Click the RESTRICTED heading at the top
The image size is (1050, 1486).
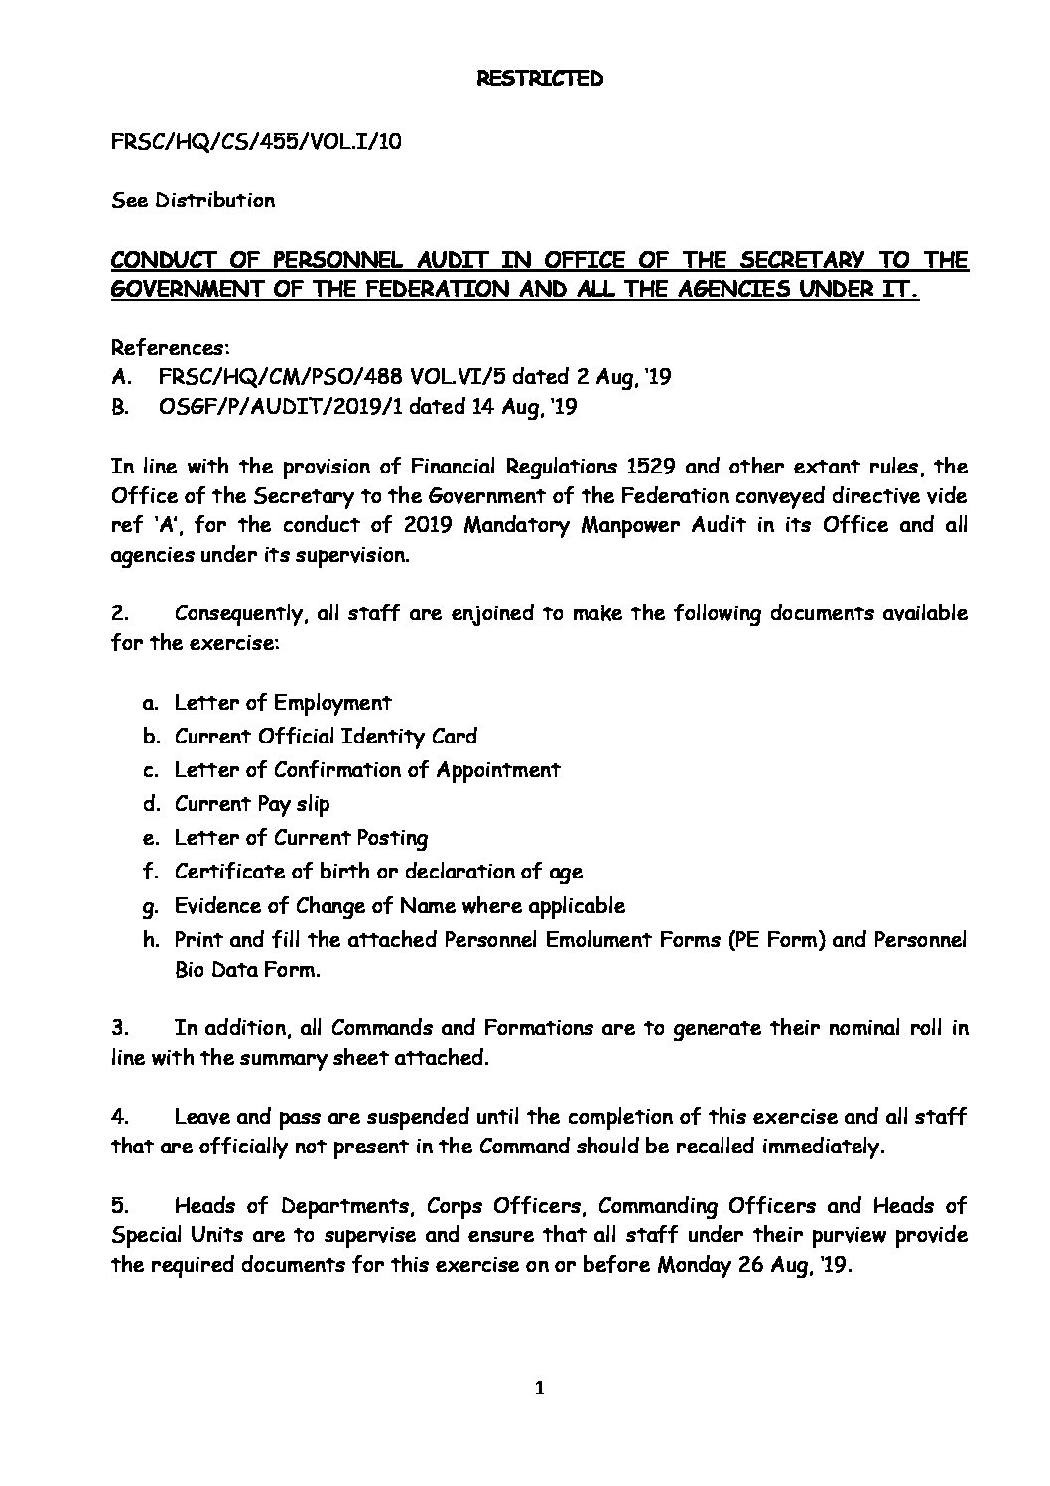pyautogui.click(x=533, y=79)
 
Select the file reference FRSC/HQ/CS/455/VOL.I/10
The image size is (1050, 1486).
pyautogui.click(x=256, y=141)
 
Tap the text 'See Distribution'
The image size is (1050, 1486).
pyautogui.click(x=193, y=201)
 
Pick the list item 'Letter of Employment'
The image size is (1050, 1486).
pyautogui.click(x=283, y=703)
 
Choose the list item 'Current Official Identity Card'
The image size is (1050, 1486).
pyautogui.click(x=326, y=737)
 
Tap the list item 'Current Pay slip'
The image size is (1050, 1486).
pyautogui.click(x=252, y=804)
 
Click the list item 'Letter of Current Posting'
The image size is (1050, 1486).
pyautogui.click(x=301, y=838)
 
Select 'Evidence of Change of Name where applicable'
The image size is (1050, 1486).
pyautogui.click(x=399, y=905)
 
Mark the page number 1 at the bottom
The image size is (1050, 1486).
pyautogui.click(x=539, y=1388)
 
